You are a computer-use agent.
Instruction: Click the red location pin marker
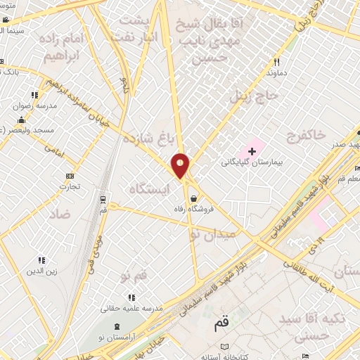pos(181,166)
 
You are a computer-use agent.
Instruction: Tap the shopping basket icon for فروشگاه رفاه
pos(193,198)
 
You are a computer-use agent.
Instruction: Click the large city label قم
pos(221,326)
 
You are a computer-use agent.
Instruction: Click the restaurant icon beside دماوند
pos(277,62)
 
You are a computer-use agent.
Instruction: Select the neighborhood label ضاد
pos(60,212)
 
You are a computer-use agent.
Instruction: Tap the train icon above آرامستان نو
pos(117,327)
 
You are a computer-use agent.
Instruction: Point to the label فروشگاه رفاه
pos(193,210)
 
